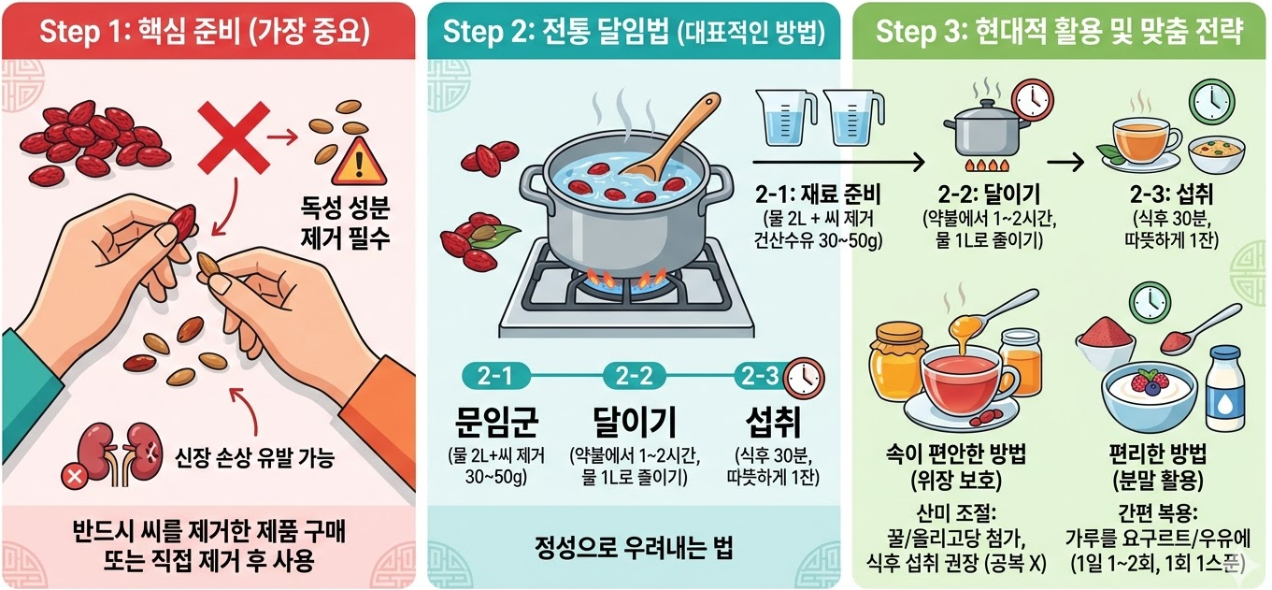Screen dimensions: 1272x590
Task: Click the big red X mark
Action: point(233,138)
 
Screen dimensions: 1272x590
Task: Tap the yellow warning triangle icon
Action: point(358,162)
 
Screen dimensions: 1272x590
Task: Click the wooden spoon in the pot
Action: point(673,139)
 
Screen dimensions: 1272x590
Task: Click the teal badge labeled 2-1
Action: point(495,376)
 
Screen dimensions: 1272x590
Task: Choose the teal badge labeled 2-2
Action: point(633,376)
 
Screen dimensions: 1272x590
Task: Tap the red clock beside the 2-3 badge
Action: point(804,378)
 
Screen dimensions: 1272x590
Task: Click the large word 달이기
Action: point(635,422)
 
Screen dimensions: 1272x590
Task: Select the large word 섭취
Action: point(773,422)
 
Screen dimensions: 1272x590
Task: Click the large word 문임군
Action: point(495,422)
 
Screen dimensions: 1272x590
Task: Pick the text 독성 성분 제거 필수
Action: point(345,223)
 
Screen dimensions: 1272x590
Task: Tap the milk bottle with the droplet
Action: point(1224,391)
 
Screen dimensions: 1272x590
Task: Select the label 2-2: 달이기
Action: point(989,194)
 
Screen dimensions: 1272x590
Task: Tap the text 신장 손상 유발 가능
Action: point(254,457)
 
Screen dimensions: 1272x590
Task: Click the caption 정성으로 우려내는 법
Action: point(633,547)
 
